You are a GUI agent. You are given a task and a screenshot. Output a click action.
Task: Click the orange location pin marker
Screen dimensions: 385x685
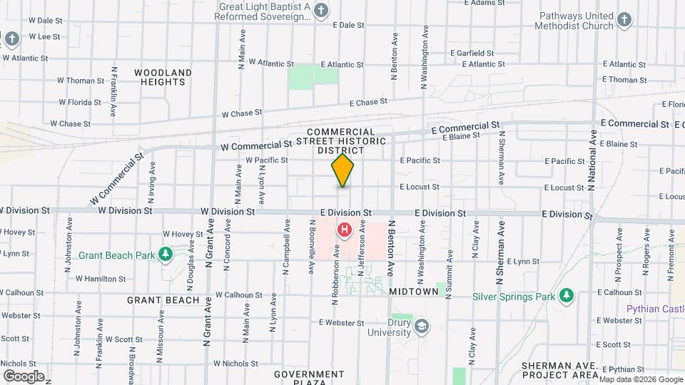(342, 170)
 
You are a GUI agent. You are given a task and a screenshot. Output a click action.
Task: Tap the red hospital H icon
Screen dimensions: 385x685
(345, 230)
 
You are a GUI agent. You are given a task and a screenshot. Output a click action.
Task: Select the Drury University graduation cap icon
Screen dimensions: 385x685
(422, 326)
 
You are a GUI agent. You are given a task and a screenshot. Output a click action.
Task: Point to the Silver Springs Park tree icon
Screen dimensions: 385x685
(567, 295)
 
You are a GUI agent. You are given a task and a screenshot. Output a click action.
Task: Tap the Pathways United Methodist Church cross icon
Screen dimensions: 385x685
(624, 20)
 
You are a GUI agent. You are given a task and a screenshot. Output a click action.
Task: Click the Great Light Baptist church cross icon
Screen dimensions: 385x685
(322, 10)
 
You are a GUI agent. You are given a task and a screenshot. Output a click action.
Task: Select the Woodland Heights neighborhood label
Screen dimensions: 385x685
(163, 77)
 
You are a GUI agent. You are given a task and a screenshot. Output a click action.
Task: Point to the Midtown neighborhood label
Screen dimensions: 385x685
(413, 292)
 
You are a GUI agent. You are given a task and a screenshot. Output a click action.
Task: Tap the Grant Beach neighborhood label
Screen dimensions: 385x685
(163, 300)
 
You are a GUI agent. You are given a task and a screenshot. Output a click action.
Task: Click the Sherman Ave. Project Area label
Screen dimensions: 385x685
(559, 370)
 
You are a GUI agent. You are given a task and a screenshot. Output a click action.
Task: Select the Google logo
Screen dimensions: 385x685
(24, 376)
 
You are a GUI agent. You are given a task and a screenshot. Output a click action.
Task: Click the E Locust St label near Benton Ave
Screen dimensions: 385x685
(420, 187)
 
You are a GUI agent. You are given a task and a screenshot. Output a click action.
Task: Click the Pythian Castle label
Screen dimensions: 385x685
(654, 309)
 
